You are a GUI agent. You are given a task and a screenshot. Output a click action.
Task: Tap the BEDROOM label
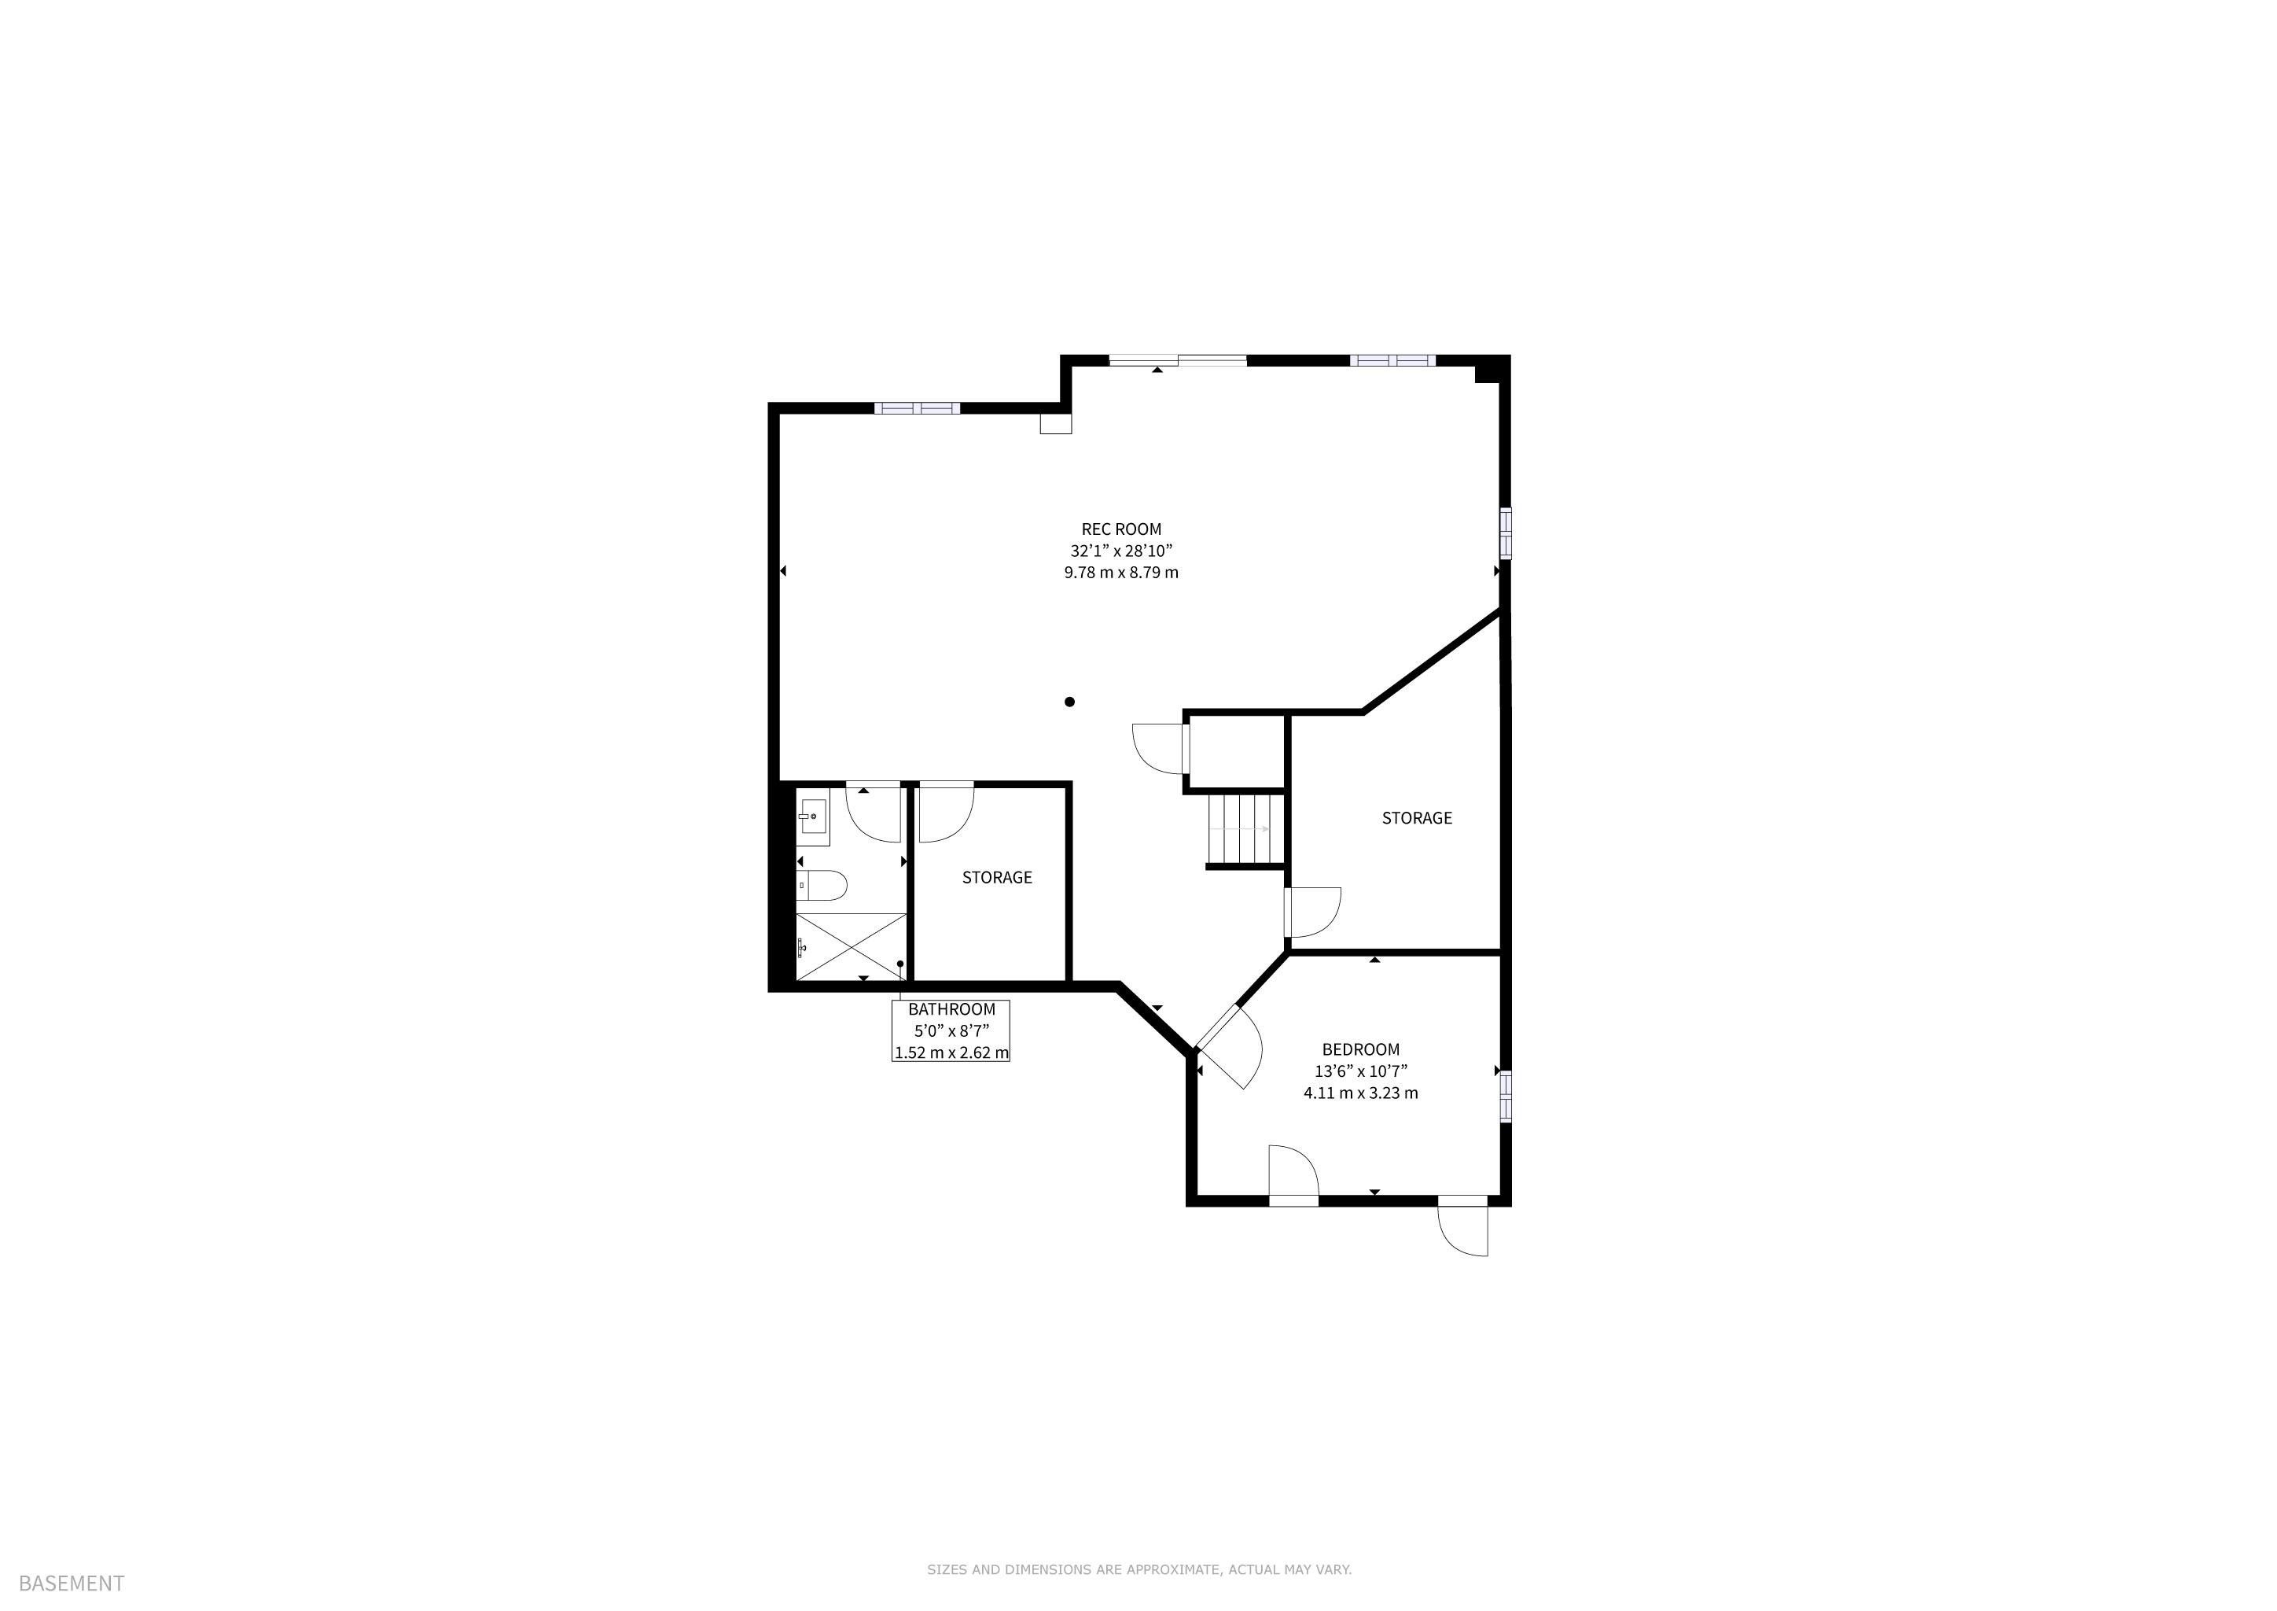click(x=1361, y=1049)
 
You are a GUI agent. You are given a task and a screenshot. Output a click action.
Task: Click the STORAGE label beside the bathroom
click(x=997, y=878)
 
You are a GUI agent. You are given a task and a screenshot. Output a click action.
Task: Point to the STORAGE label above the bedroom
click(x=1416, y=818)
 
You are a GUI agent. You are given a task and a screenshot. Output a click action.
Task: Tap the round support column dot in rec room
click(x=1069, y=702)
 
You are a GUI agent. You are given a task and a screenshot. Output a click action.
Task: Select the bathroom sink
click(x=813, y=821)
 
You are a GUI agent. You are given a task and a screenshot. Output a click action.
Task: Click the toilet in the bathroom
click(x=821, y=885)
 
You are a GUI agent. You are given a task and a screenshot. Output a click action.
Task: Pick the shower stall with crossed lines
click(x=852, y=947)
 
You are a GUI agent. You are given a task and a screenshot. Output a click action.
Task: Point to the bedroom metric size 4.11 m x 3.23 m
click(x=1361, y=1093)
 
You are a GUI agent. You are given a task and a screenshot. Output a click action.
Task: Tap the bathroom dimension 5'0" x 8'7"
click(x=951, y=1030)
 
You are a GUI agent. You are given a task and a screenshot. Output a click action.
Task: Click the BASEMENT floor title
click(x=72, y=1584)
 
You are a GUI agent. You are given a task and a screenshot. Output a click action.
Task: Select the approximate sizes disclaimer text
click(x=1138, y=1569)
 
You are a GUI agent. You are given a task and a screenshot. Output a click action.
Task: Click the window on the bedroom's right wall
click(x=1506, y=1096)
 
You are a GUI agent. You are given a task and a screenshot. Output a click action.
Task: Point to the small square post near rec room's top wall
click(x=1055, y=423)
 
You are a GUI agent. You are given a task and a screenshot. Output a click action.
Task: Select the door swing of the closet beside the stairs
click(x=1158, y=749)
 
